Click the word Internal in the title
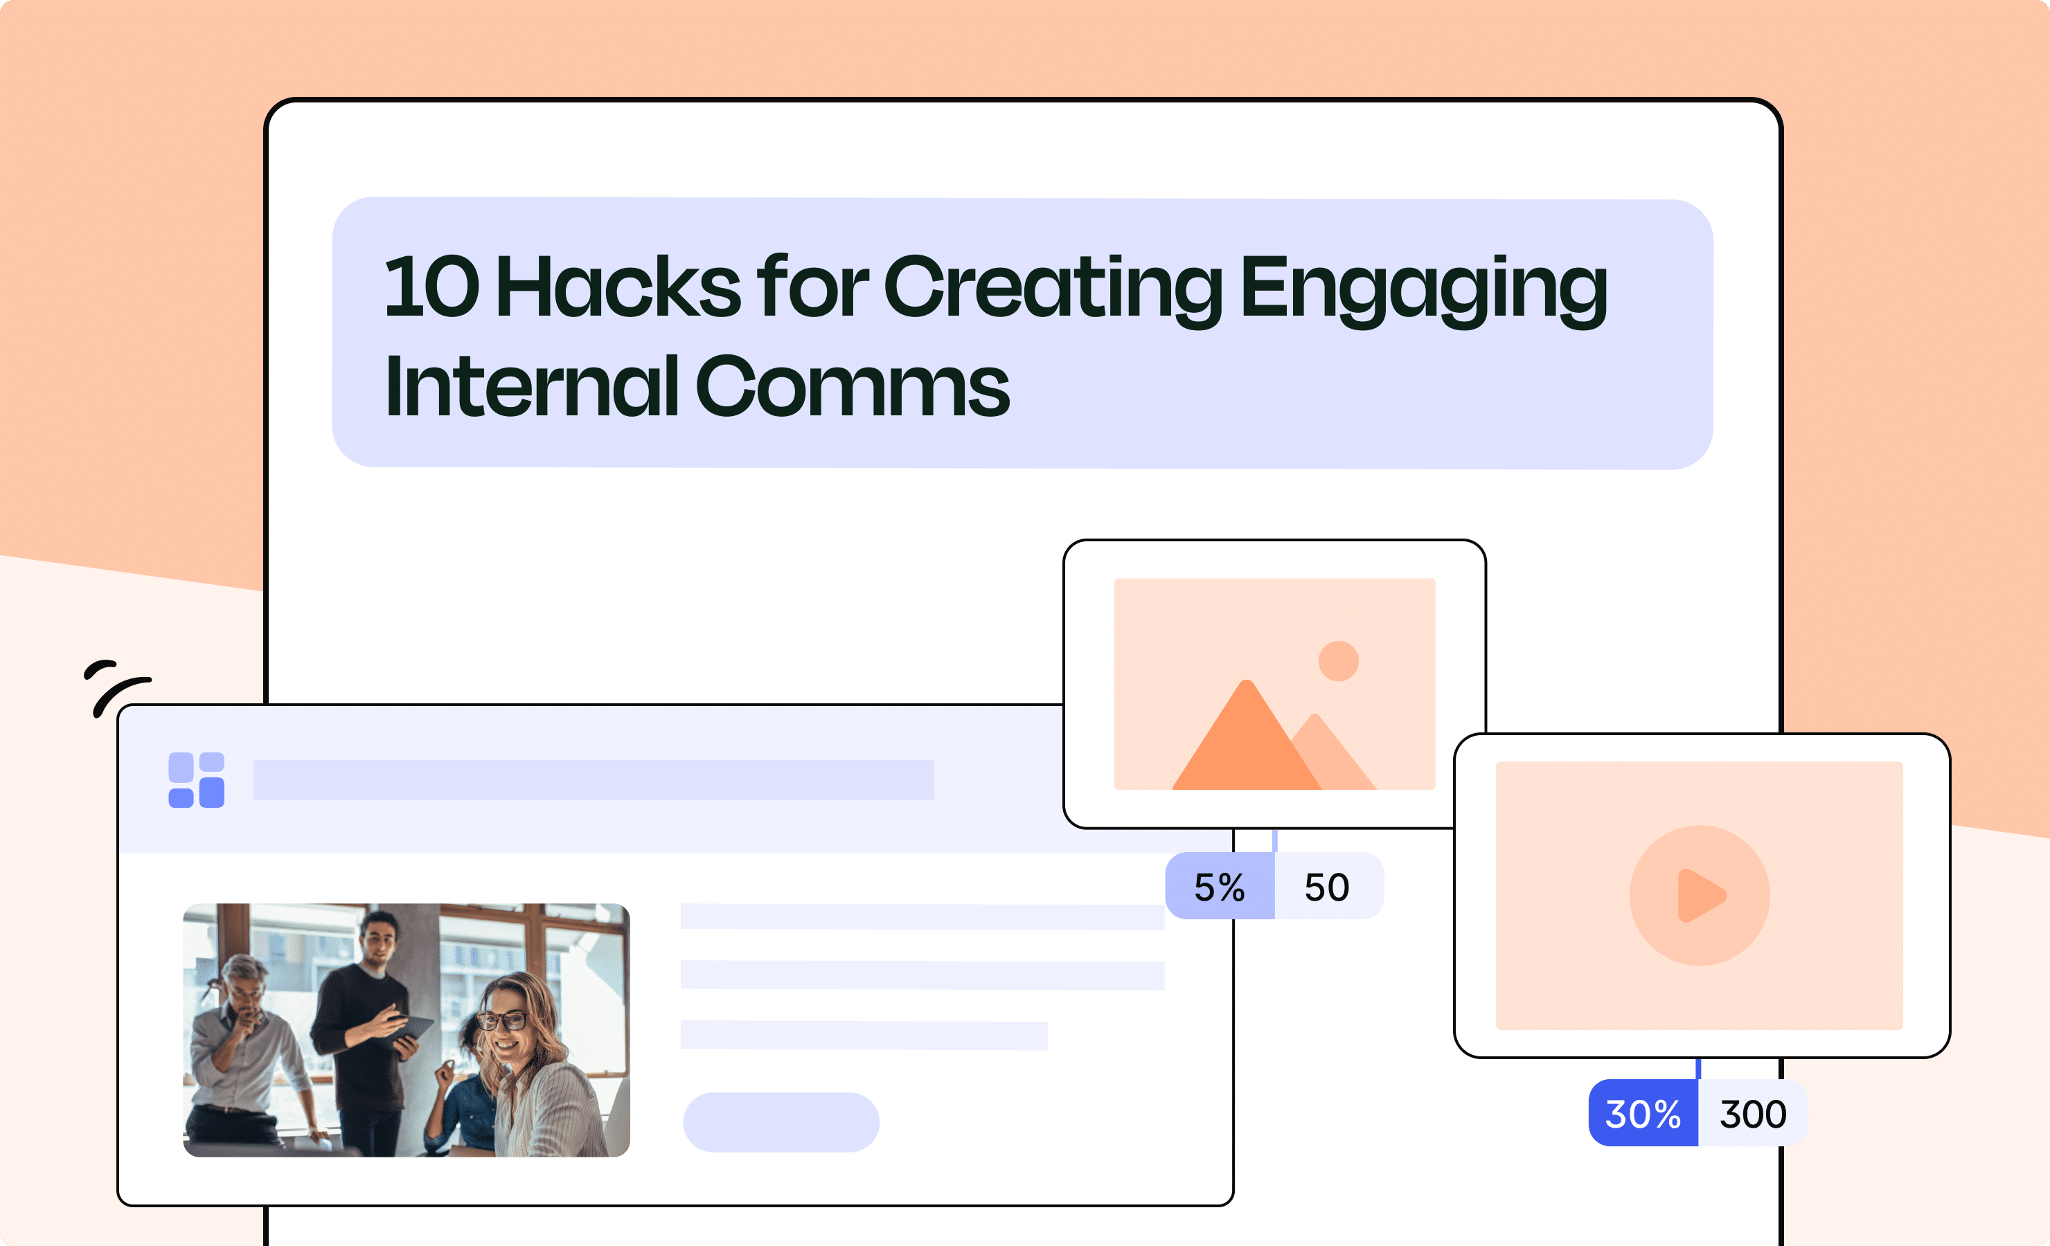pos(533,387)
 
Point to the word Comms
pos(852,387)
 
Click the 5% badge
pos(1219,887)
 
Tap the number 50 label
pos(1327,887)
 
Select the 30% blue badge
pos(1642,1114)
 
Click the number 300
pos(1753,1114)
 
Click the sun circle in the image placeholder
pos(1338,661)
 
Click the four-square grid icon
pos(197,780)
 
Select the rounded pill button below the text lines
pos(781,1122)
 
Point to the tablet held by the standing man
pos(413,1028)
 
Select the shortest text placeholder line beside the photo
pos(863,1036)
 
